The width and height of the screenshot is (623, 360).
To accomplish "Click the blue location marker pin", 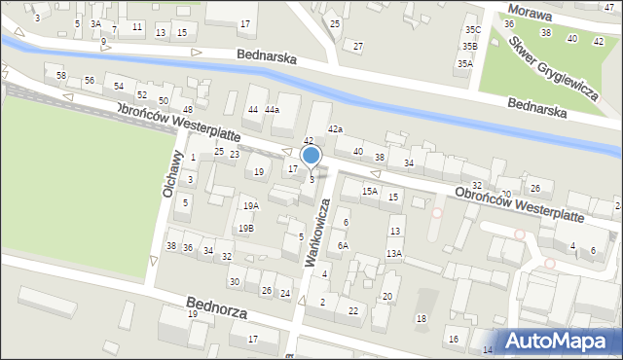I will pyautogui.click(x=311, y=156).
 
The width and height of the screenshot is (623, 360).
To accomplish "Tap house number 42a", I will pyautogui.click(x=335, y=129).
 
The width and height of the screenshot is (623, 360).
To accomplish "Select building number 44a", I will pyautogui.click(x=272, y=110).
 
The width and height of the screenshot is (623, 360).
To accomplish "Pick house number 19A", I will pyautogui.click(x=251, y=206).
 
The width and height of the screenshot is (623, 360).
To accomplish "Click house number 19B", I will pyautogui.click(x=246, y=229).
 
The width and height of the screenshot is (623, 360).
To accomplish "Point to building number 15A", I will pyautogui.click(x=370, y=192).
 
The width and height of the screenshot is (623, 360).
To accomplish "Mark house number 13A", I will pyautogui.click(x=393, y=253).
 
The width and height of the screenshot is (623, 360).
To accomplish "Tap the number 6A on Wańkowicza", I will pyautogui.click(x=343, y=246).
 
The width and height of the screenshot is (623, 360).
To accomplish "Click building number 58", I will pyautogui.click(x=61, y=76).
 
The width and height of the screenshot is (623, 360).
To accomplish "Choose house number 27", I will pyautogui.click(x=358, y=46).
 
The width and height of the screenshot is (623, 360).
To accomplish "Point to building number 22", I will pyautogui.click(x=353, y=310).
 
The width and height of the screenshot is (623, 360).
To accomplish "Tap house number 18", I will pyautogui.click(x=421, y=319).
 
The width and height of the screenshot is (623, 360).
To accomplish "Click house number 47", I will pyautogui.click(x=609, y=8).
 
